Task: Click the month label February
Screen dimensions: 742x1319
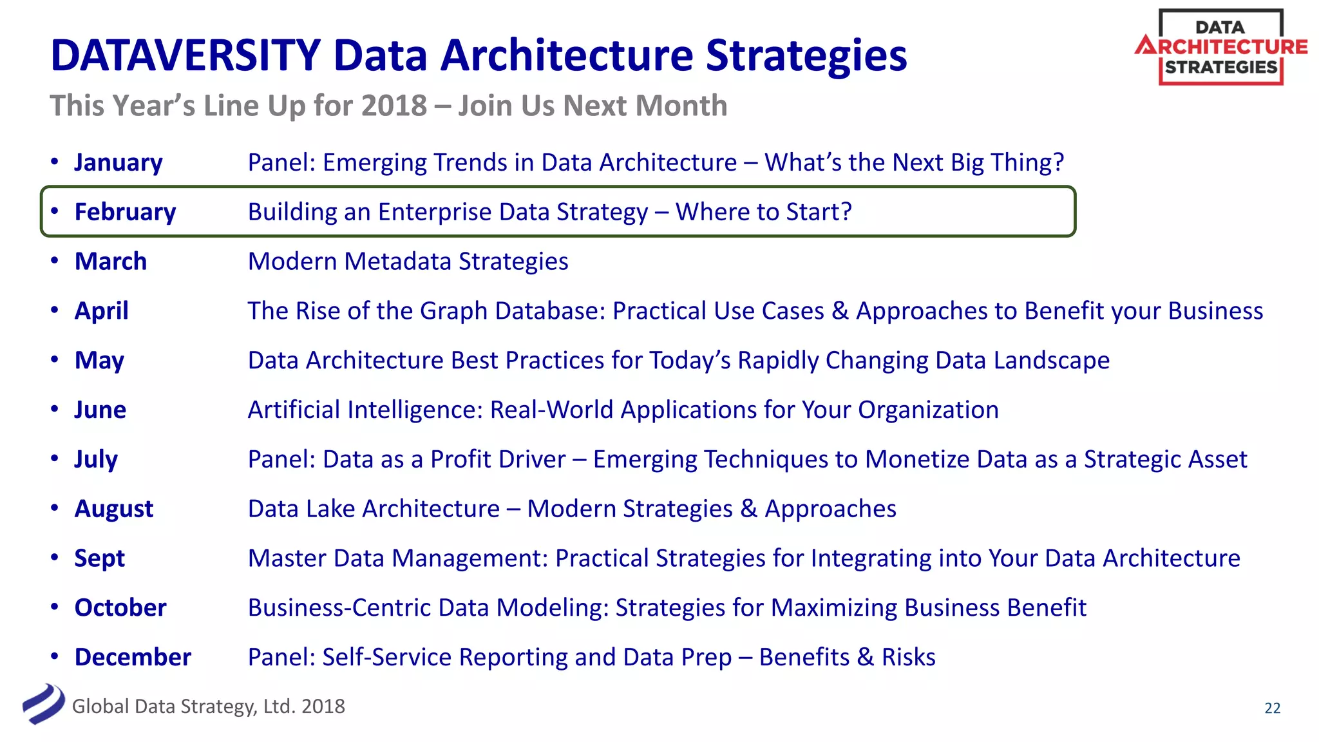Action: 125,212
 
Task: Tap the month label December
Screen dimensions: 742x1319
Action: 133,657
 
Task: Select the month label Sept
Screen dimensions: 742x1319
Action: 99,558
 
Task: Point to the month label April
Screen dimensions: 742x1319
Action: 101,311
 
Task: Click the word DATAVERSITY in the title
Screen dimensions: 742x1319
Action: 185,55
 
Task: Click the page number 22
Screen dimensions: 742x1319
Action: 1272,708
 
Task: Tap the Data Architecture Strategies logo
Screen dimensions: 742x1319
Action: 1220,47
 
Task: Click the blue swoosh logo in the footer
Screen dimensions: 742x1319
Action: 43,704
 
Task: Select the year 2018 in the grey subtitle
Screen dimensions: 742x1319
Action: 394,106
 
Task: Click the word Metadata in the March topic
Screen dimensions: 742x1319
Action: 397,262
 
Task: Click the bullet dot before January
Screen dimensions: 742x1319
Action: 55,161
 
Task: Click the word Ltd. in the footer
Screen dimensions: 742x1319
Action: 279,707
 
